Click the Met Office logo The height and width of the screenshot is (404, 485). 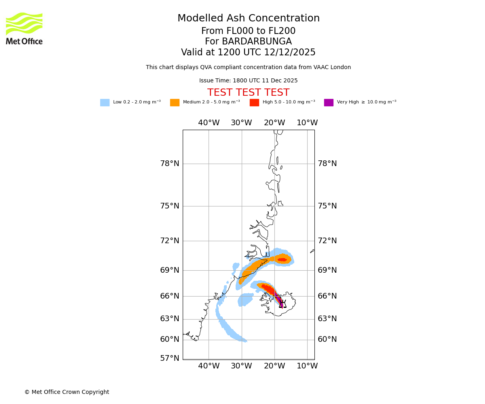point(24,28)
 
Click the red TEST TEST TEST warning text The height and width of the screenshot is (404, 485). point(248,93)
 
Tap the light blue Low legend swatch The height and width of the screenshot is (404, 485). point(105,103)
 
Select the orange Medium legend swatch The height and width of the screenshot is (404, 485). point(175,103)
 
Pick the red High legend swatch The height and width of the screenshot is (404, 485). point(254,103)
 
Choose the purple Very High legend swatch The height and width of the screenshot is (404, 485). point(329,103)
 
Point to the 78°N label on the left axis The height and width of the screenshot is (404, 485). point(169,164)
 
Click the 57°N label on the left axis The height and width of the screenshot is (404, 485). point(169,358)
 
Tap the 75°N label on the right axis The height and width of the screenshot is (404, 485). point(327,206)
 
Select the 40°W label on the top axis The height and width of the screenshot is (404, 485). point(209,123)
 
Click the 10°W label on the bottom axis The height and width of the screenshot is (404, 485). point(307,366)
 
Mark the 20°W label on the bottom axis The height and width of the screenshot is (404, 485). point(274,366)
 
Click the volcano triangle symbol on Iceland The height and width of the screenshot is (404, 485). point(283,305)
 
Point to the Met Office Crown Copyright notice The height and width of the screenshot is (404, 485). point(67,392)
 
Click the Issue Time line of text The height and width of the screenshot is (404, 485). point(248,81)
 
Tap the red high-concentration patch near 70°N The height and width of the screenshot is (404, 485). point(282,259)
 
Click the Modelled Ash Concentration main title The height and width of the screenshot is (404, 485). point(248,18)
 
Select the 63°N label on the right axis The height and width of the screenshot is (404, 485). point(327,319)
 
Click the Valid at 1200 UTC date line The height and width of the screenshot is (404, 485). point(248,53)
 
